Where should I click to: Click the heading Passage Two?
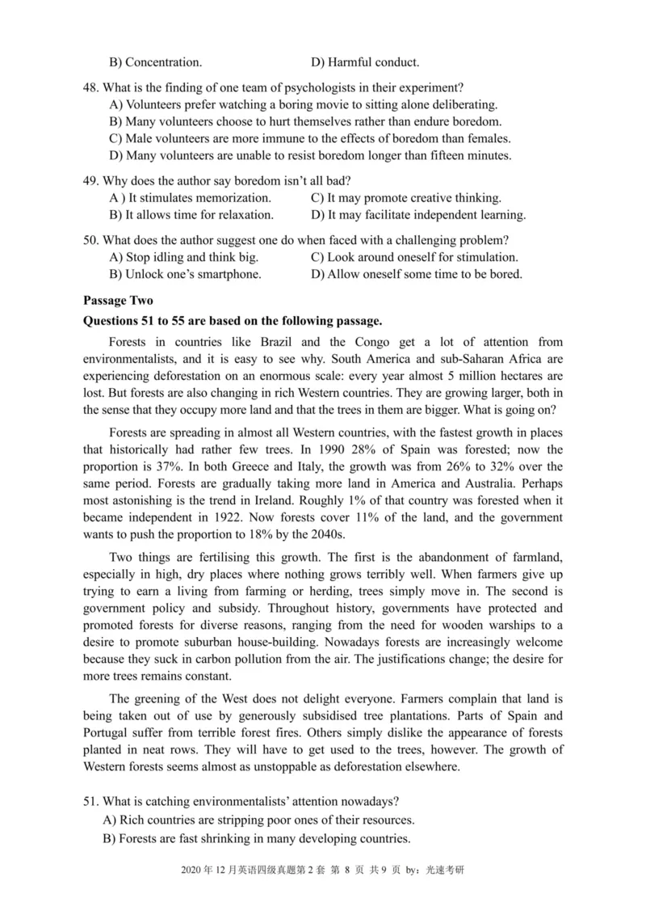118,301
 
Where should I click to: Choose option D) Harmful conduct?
364,61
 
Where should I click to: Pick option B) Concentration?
155,61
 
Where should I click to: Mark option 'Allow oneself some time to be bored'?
417,274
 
